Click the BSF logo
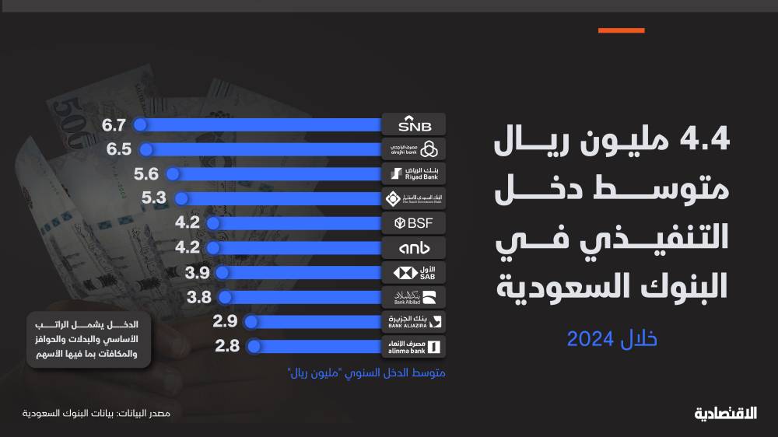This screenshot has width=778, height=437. point(415,223)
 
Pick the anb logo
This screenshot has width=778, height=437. point(415,248)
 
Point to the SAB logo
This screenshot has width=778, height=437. point(415,272)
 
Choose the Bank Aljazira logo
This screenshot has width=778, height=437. point(415,321)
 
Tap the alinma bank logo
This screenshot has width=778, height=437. point(415,346)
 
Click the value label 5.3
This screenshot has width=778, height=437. point(154,198)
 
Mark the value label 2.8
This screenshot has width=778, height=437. point(227,346)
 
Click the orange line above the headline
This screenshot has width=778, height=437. point(621,30)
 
